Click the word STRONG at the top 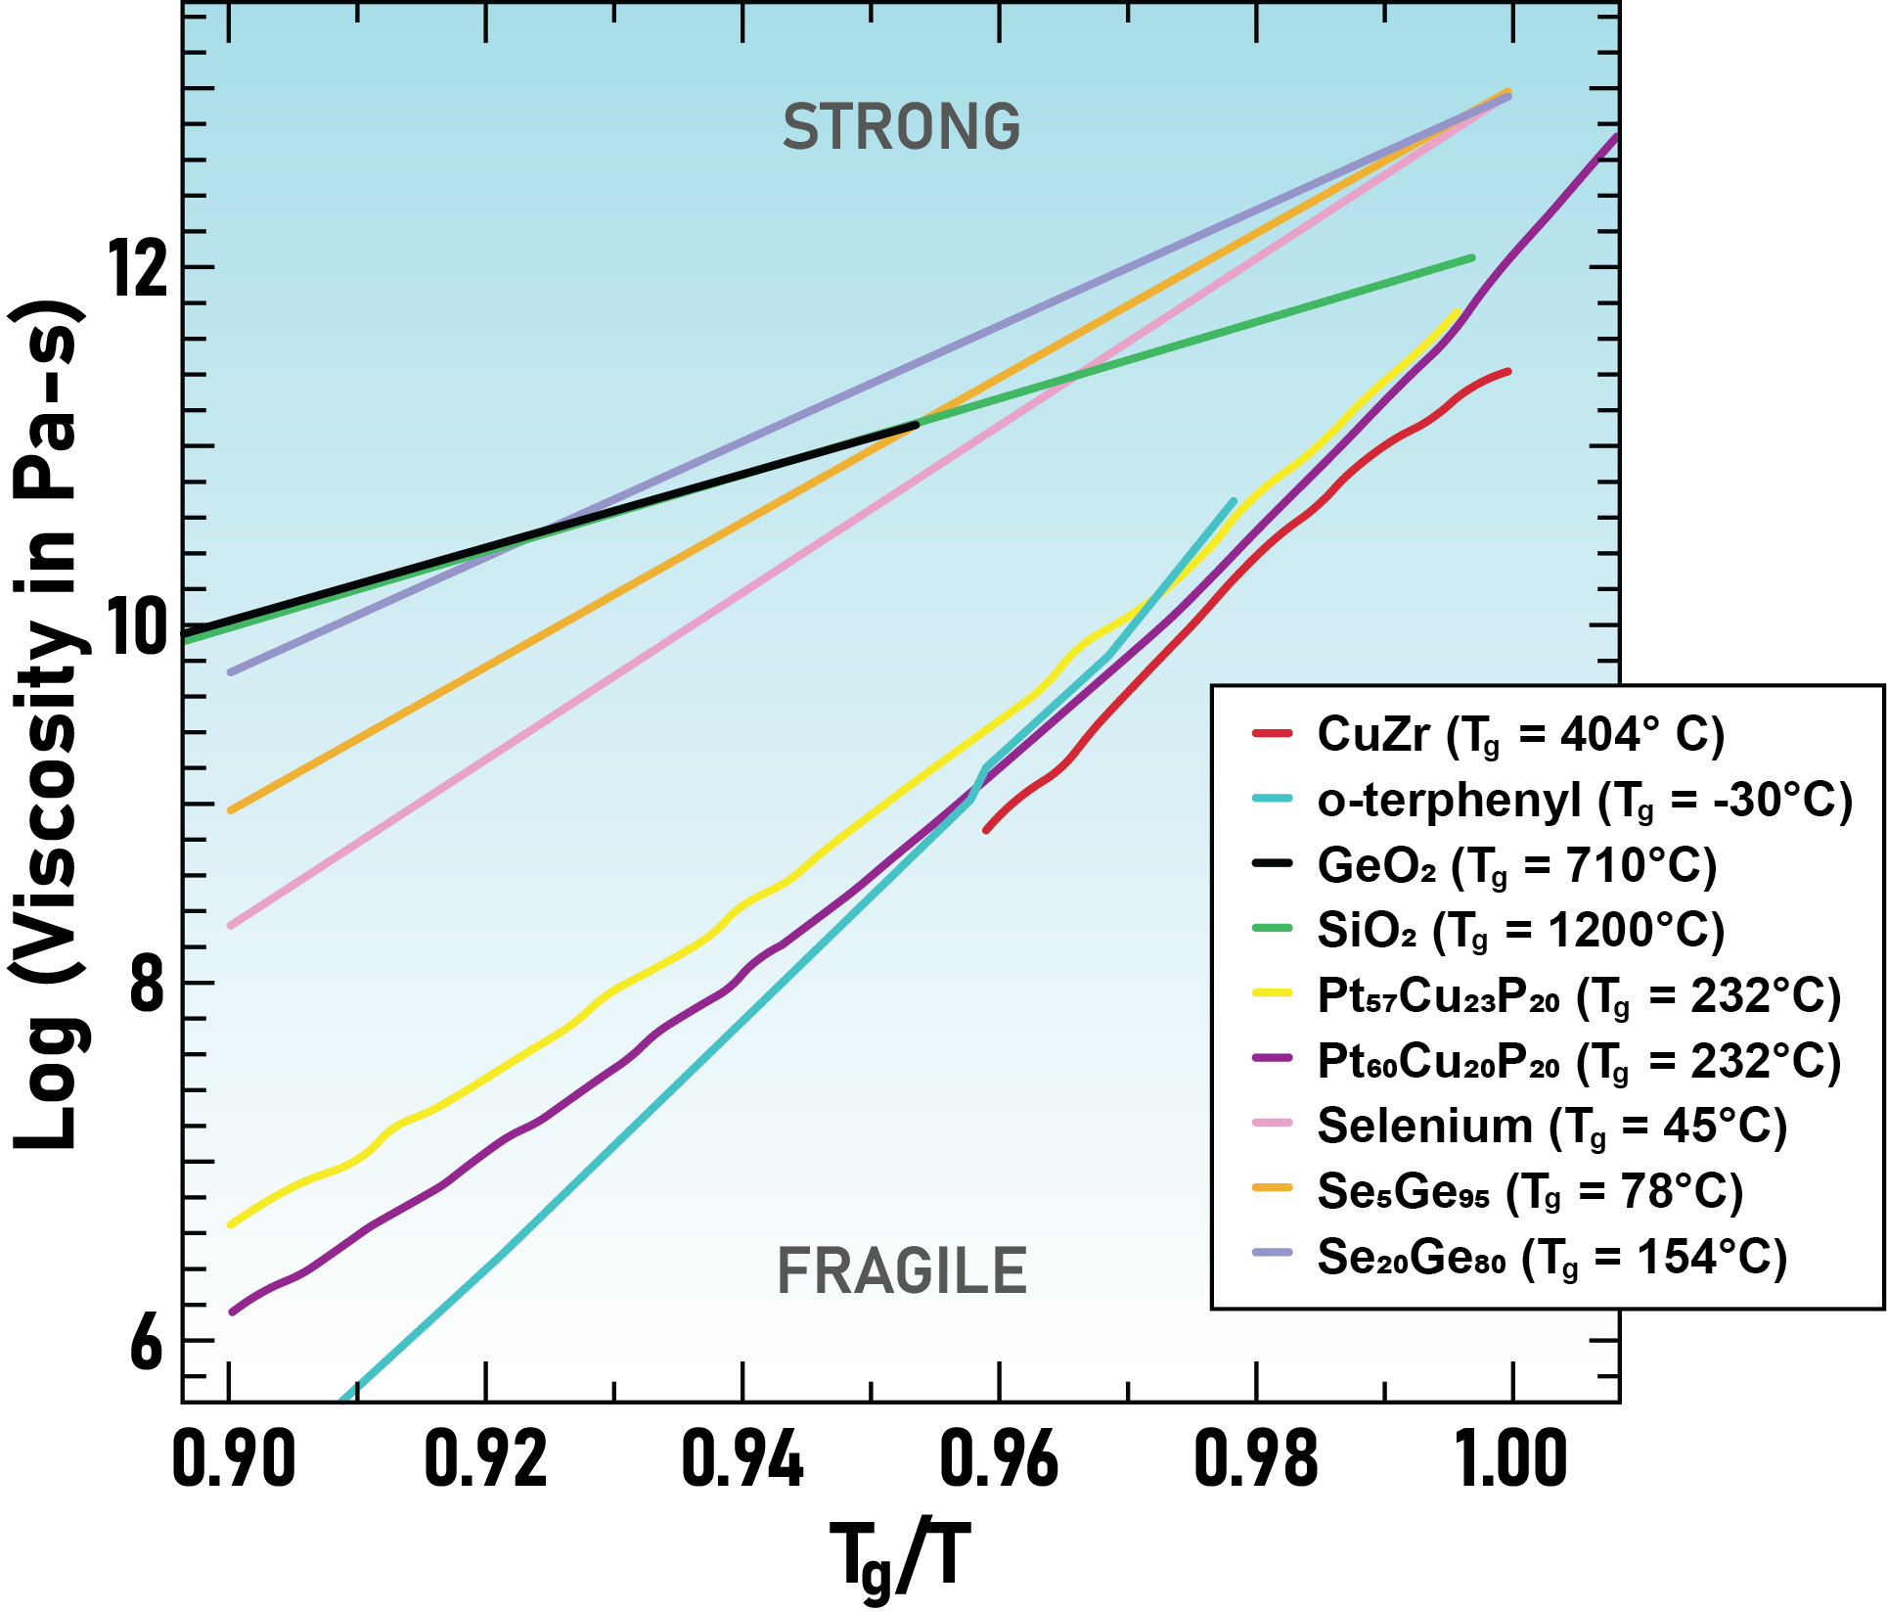point(901,127)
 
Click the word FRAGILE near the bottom point(901,1271)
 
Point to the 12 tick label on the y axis point(138,267)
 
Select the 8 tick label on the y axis point(147,984)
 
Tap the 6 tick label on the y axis point(147,1342)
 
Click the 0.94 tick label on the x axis point(741,1458)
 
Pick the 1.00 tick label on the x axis point(1511,1458)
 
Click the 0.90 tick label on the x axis point(233,1458)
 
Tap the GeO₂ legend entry point(1516,865)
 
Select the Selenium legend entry point(1551,1126)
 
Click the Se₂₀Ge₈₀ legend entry point(1551,1257)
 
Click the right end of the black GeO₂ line point(915,425)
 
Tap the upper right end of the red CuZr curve point(1507,372)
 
